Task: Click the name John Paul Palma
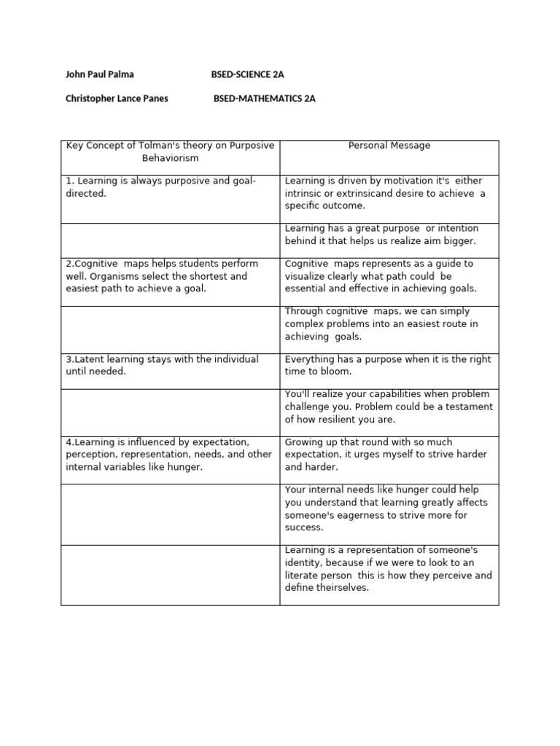pos(100,74)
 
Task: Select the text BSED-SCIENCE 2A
pos(247,74)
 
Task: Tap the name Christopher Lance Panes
pos(117,98)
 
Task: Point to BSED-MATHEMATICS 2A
pos(265,98)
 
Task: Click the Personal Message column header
pos(389,146)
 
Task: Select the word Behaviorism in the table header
pos(170,158)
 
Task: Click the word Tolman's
pos(155,146)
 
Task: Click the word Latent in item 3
pos(93,360)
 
